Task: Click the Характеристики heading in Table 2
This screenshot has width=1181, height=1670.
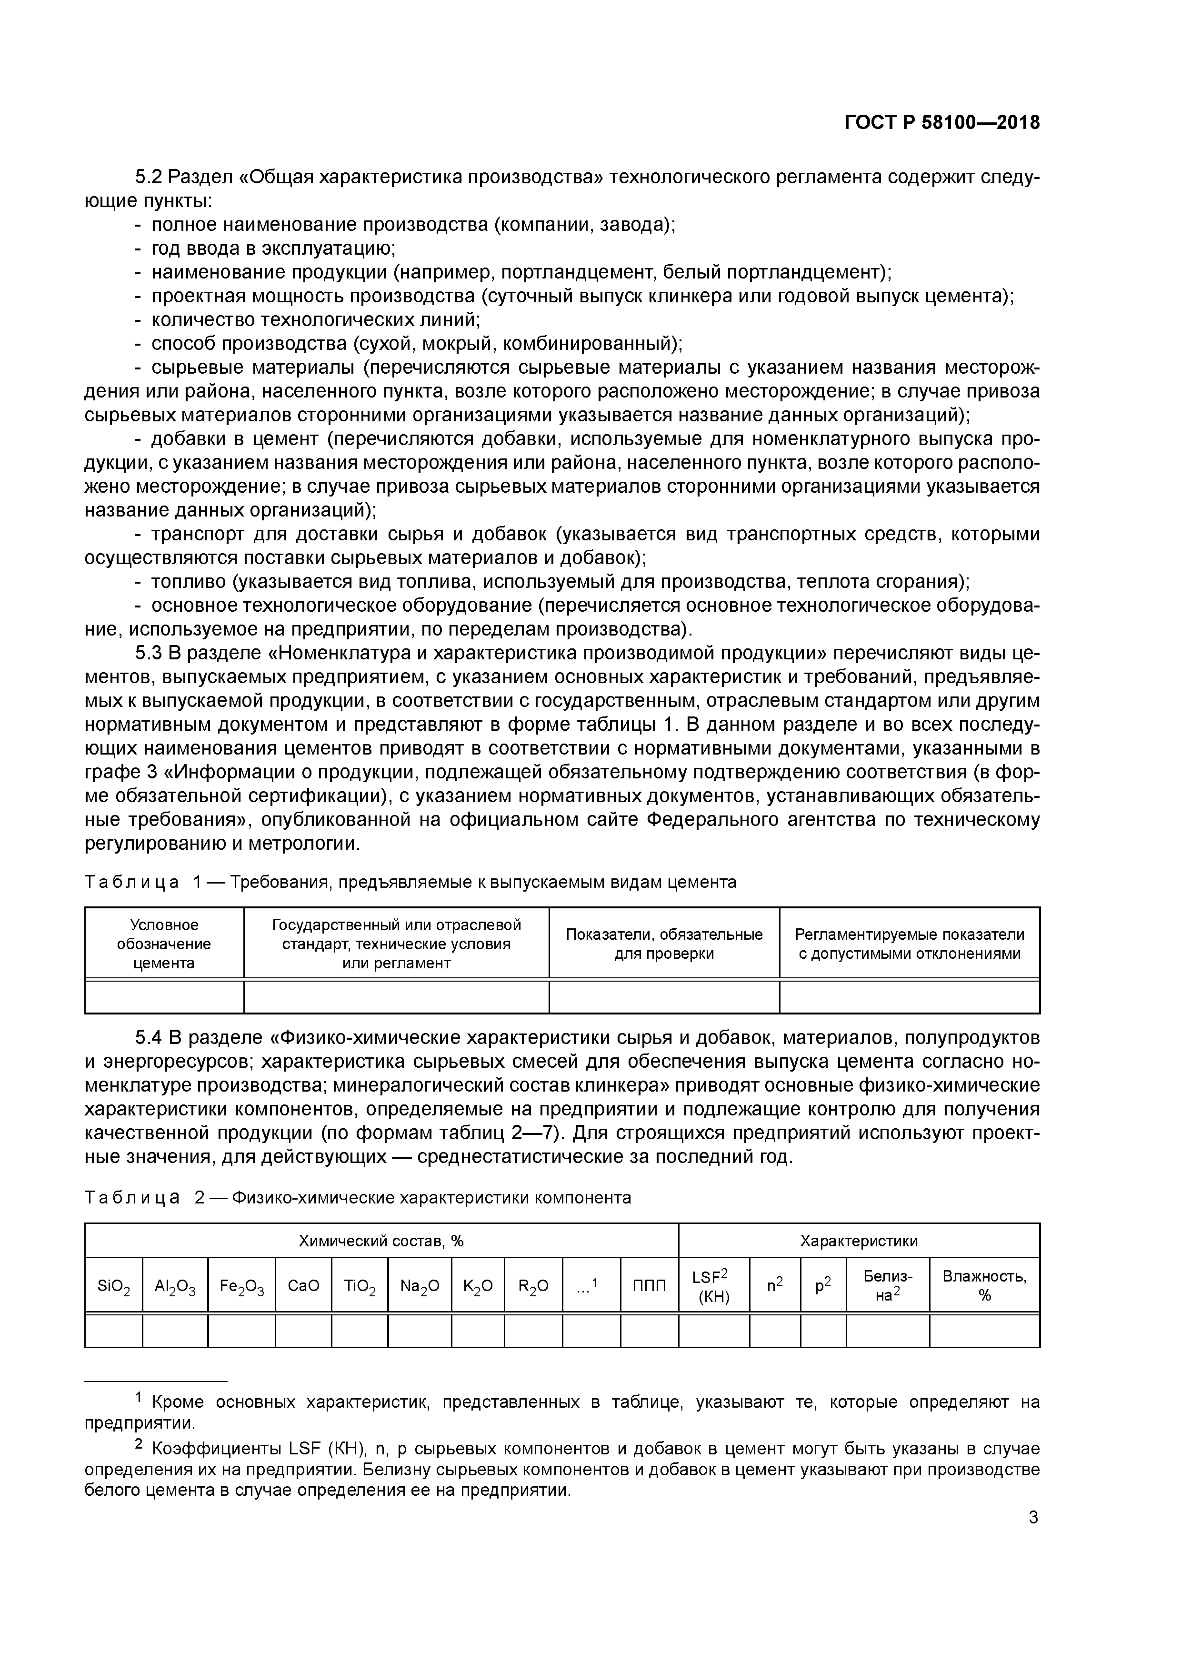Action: pyautogui.click(x=859, y=1241)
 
